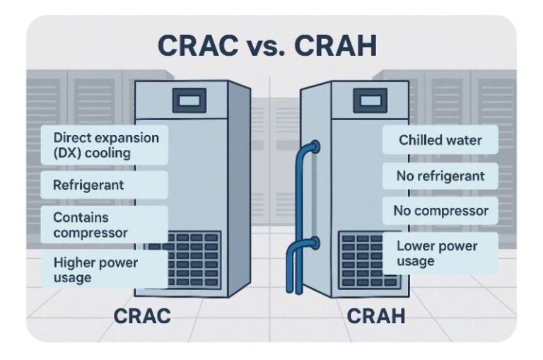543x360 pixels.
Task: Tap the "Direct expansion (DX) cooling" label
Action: (105, 144)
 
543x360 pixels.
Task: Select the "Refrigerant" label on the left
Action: (88, 185)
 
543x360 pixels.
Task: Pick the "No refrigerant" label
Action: (439, 175)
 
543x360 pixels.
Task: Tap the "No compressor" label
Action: (439, 210)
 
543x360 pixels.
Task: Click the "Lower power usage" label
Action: (438, 253)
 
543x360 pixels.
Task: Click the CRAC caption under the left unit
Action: (142, 315)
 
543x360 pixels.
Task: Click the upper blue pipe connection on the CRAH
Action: (313, 147)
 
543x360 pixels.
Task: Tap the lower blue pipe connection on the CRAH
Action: (313, 245)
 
